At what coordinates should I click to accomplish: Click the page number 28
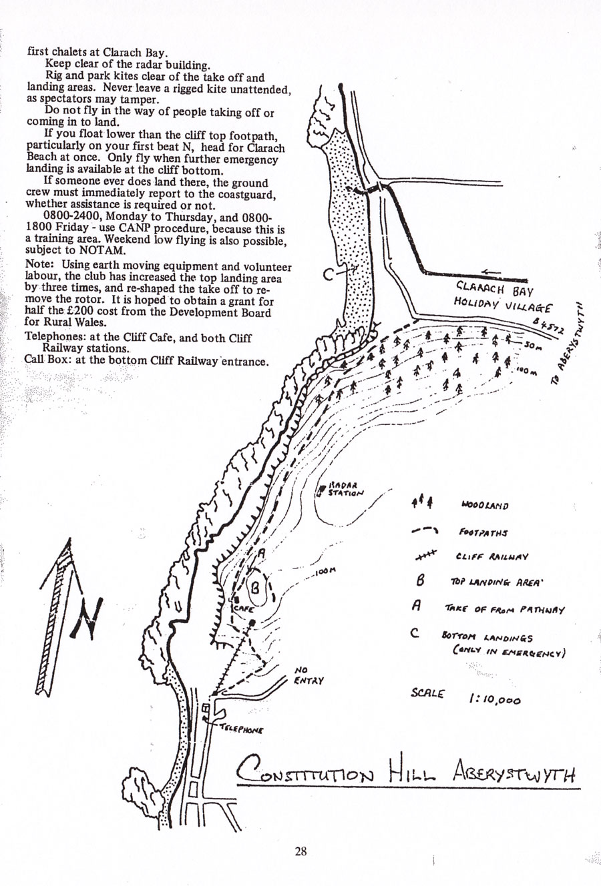[x=300, y=851]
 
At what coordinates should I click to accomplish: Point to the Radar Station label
[x=345, y=490]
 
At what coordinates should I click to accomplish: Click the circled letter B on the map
[x=255, y=588]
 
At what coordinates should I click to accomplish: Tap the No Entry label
[x=308, y=676]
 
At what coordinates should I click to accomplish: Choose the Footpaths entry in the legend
[x=483, y=533]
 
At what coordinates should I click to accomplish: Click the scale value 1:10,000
[x=495, y=699]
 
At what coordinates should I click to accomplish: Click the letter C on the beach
[x=329, y=274]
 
